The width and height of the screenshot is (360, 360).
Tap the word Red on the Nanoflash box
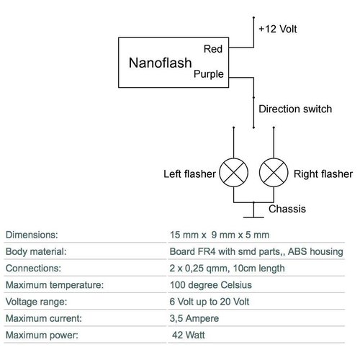(214, 50)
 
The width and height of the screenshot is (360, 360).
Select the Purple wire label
(210, 73)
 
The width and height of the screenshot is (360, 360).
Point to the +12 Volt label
(279, 30)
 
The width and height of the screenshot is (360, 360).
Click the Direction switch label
(295, 109)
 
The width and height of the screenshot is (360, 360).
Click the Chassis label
(288, 210)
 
